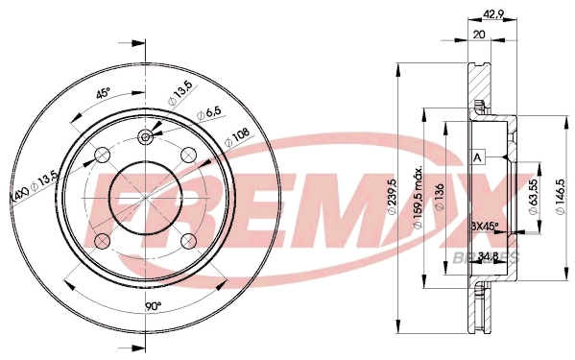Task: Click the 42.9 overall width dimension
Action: pyautogui.click(x=491, y=13)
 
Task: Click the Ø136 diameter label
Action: pyautogui.click(x=440, y=200)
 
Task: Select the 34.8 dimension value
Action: pyautogui.click(x=489, y=255)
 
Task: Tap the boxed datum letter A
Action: pyautogui.click(x=477, y=157)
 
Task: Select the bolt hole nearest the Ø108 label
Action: pyautogui.click(x=188, y=154)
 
